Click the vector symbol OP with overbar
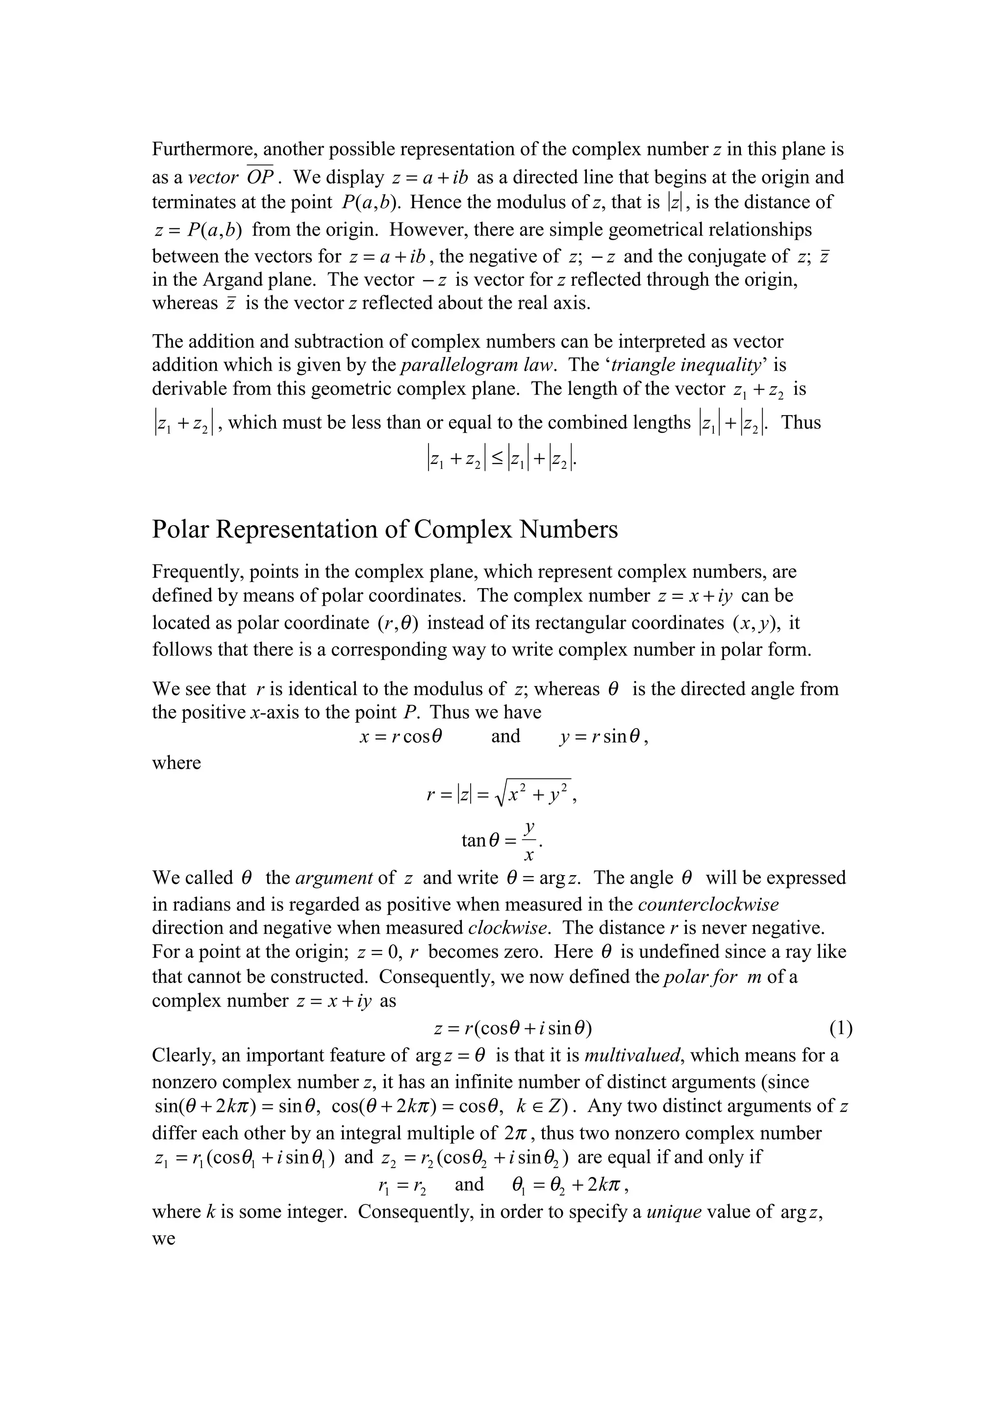[260, 177]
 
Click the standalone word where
[176, 762]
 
